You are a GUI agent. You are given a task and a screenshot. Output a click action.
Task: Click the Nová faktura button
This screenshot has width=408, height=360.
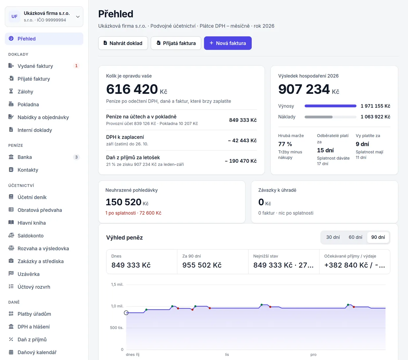click(228, 43)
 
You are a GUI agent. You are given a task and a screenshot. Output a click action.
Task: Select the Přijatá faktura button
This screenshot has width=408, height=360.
click(176, 43)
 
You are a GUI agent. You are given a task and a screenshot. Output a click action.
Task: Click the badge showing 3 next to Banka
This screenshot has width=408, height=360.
click(76, 157)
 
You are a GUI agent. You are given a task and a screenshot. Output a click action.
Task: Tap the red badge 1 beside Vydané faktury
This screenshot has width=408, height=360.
click(76, 66)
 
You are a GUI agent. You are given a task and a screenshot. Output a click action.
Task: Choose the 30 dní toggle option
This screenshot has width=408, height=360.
click(333, 237)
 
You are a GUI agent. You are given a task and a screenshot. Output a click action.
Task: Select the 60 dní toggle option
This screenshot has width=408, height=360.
click(355, 237)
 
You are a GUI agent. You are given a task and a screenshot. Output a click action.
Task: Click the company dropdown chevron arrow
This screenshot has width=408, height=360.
click(78, 17)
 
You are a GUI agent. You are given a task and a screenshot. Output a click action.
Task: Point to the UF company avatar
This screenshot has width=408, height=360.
click(14, 16)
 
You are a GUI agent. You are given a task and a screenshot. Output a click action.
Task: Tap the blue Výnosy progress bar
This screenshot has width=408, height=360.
click(330, 106)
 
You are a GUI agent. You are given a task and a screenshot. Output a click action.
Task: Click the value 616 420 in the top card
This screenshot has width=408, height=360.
click(132, 89)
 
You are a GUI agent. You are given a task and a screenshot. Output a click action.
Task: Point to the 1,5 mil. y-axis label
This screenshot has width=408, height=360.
click(117, 285)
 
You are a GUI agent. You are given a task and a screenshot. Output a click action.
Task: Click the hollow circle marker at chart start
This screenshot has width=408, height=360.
click(126, 313)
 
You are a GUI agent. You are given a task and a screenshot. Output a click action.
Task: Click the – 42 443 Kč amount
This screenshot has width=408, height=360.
click(242, 141)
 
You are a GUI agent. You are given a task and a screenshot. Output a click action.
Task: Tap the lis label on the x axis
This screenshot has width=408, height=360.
click(227, 354)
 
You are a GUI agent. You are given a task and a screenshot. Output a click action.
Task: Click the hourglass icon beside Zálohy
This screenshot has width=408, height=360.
click(11, 91)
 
